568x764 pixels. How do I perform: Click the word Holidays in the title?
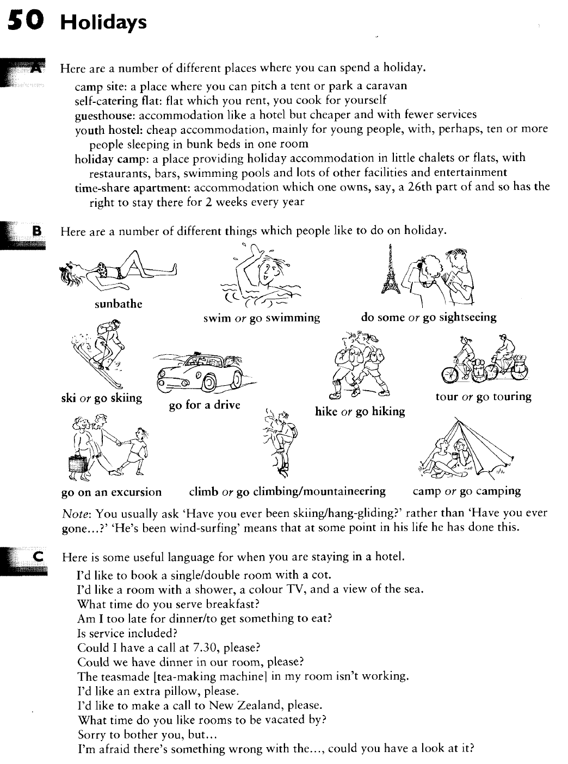(x=103, y=22)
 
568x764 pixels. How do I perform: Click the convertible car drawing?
(x=201, y=373)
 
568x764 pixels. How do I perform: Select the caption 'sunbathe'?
(x=118, y=304)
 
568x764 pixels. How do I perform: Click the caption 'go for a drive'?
(x=205, y=405)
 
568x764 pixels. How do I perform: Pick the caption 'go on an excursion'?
(x=112, y=492)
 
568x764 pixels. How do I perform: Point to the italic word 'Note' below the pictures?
(x=75, y=513)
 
